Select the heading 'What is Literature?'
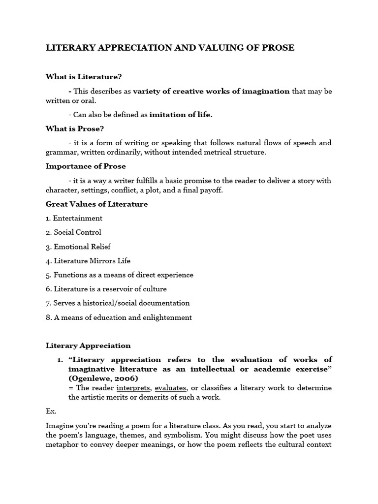[x=84, y=76]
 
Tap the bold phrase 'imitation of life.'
[x=181, y=115]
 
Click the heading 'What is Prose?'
[x=75, y=128]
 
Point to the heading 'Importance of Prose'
[x=86, y=166]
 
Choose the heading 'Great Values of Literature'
[x=96, y=204]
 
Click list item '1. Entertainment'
[x=74, y=218]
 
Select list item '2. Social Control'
[x=73, y=232]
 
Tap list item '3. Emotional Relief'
[x=78, y=247]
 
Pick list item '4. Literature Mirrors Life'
[x=88, y=261]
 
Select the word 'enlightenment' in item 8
[x=169, y=317]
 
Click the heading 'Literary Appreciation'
[x=88, y=346]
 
